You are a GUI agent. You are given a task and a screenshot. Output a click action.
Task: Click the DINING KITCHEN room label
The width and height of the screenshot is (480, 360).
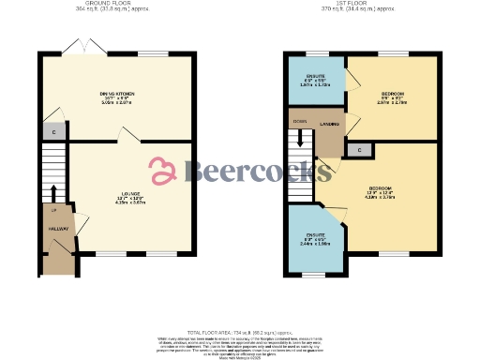pyautogui.click(x=118, y=94)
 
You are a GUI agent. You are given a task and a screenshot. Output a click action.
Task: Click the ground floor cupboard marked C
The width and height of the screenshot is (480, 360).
pyautogui.click(x=55, y=132)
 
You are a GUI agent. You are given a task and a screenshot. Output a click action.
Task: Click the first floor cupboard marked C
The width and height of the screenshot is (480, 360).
pyautogui.click(x=357, y=150)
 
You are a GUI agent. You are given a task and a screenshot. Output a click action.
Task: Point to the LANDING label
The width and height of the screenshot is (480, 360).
pyautogui.click(x=329, y=124)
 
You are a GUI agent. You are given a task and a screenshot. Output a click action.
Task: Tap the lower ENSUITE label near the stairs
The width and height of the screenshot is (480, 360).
pyautogui.click(x=315, y=234)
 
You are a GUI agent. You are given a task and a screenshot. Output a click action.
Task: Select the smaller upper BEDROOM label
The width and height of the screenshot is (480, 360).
pyautogui.click(x=393, y=94)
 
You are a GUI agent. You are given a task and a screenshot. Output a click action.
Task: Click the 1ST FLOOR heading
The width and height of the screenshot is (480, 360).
pyautogui.click(x=361, y=5)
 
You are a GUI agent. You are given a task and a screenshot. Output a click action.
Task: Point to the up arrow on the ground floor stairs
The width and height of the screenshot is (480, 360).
pyautogui.click(x=53, y=194)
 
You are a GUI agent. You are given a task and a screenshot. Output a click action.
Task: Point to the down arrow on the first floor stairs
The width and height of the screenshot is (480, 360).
pyautogui.click(x=301, y=137)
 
